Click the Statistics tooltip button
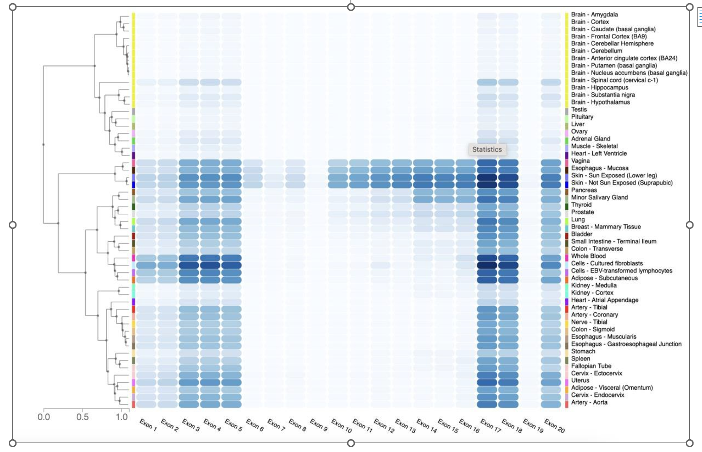[x=487, y=150]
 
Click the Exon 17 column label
[x=490, y=426]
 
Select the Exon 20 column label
[x=554, y=426]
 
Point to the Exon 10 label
[x=341, y=426]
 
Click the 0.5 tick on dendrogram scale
[x=82, y=417]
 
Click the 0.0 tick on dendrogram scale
[x=44, y=417]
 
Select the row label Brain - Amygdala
[x=594, y=14]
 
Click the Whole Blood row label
[x=588, y=256]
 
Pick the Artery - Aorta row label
[x=589, y=402]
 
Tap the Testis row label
[x=579, y=109]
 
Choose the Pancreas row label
[x=583, y=190]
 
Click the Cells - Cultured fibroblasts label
[x=606, y=263]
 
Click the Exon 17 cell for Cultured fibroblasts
[x=487, y=265]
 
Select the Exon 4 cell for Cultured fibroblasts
[x=210, y=265]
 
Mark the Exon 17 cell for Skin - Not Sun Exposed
[x=487, y=184]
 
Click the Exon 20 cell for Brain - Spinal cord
[x=551, y=82]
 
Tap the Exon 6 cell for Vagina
[x=253, y=163]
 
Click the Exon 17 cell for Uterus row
[x=487, y=382]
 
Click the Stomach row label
[x=583, y=351]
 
